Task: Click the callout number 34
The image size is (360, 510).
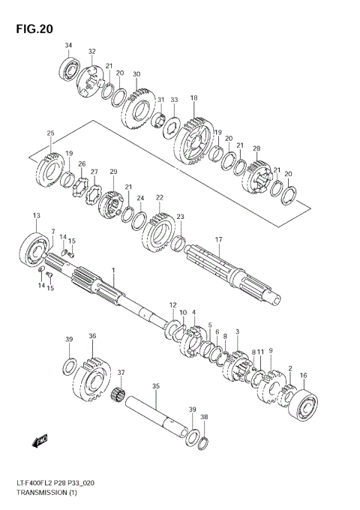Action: [68, 46]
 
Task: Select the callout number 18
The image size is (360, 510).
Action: [193, 98]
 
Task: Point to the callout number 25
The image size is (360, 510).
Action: [50, 133]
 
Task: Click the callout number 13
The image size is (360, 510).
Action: [35, 216]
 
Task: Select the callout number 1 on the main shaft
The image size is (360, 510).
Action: [114, 269]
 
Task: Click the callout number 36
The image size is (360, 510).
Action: [92, 337]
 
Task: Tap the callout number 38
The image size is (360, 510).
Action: [205, 416]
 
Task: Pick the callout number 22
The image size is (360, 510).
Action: [159, 197]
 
